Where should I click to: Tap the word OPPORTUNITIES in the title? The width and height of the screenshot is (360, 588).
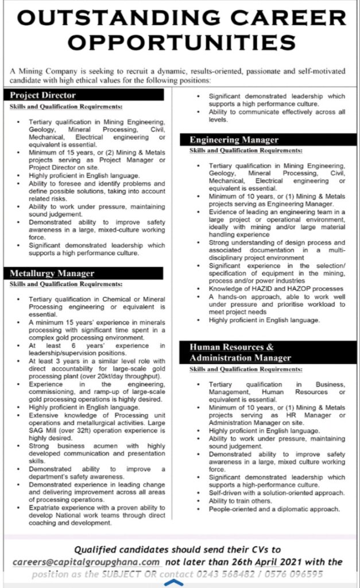[180, 42]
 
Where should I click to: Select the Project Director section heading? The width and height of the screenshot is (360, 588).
[43, 95]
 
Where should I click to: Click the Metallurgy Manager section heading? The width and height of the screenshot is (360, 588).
[52, 273]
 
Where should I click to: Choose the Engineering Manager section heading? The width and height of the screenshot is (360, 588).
[234, 140]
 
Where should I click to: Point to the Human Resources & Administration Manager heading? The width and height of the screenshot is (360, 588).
[241, 353]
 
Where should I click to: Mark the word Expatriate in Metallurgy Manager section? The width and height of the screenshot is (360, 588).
[44, 508]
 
